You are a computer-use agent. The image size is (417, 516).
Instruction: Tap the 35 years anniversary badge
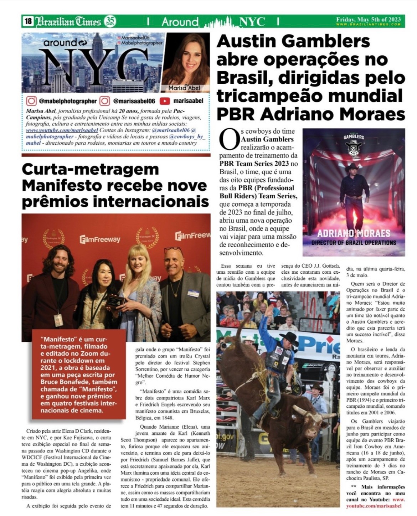click(x=110, y=22)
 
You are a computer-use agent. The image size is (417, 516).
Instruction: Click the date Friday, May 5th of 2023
click(x=368, y=20)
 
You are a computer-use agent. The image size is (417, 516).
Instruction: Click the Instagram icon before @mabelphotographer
click(x=31, y=101)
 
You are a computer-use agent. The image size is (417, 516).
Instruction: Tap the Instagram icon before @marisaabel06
click(x=105, y=101)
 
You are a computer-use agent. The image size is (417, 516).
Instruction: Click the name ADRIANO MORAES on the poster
click(x=354, y=233)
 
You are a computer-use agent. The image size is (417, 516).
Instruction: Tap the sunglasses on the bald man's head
click(x=174, y=249)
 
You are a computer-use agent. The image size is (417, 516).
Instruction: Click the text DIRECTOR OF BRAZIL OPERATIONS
click(x=354, y=243)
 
